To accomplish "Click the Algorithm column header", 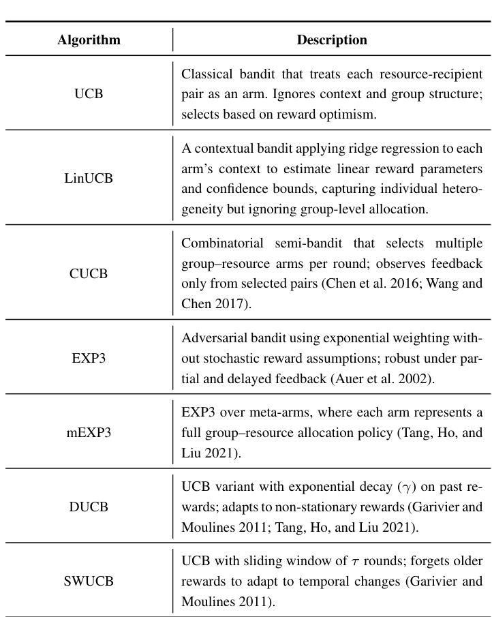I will pyautogui.click(x=89, y=40).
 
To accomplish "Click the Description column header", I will pyautogui.click(x=332, y=40).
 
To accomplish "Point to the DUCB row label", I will pyautogui.click(x=89, y=507).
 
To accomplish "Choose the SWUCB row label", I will pyautogui.click(x=89, y=583).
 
